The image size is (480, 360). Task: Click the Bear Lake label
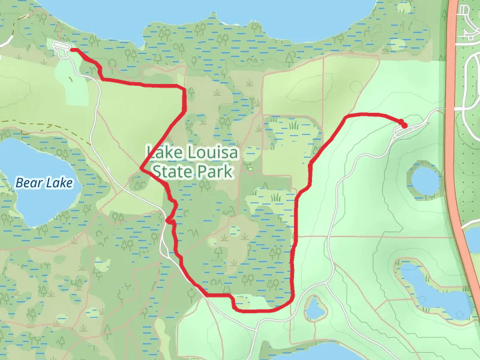pos(44,183)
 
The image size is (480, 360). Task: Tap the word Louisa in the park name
pos(208,153)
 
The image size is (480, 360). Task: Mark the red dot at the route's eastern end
pos(404,125)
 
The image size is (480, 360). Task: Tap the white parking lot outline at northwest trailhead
pos(62,47)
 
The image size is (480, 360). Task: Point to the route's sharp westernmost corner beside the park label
pos(142,169)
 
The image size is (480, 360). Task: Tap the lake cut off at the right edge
pos(473,237)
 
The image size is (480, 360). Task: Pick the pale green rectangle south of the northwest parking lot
pos(75,84)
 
